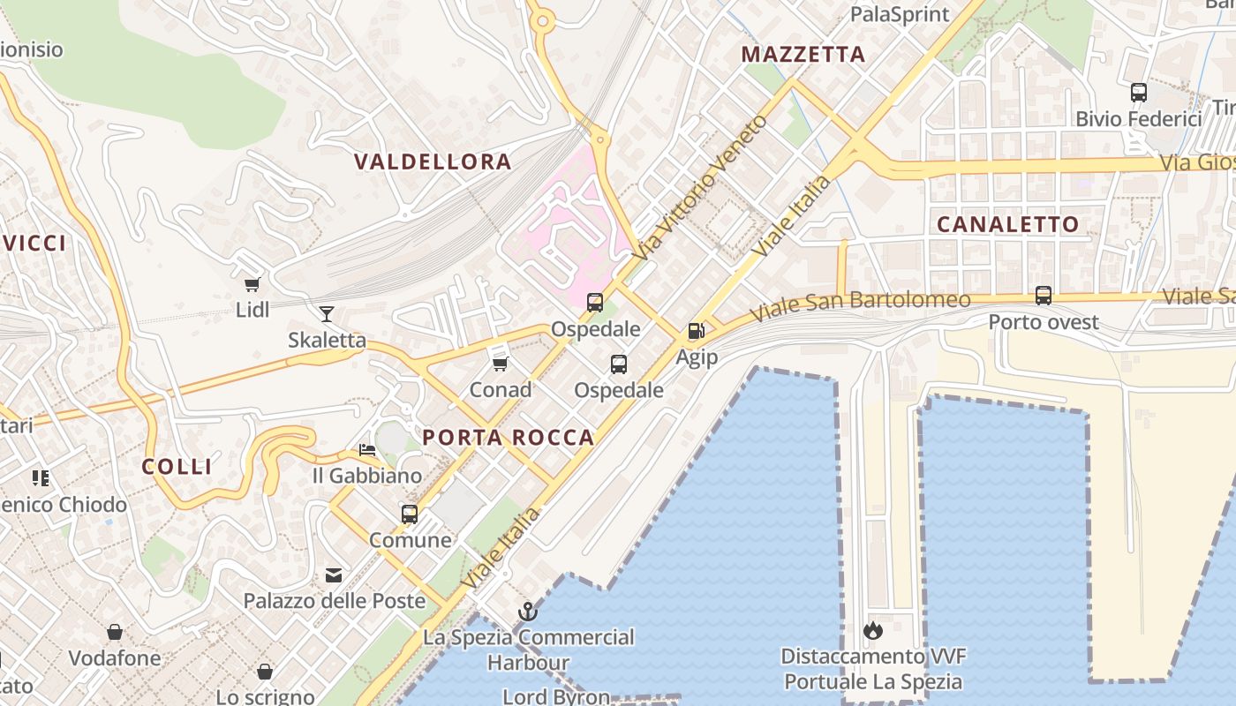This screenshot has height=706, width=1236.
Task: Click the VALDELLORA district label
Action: [433, 161]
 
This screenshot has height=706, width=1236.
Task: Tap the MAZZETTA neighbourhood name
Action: [803, 55]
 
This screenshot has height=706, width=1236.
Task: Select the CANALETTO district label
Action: [1007, 224]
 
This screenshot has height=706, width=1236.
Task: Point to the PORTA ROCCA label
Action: [508, 438]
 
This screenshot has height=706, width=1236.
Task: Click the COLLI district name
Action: [177, 467]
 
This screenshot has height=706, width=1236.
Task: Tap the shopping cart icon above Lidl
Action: [252, 284]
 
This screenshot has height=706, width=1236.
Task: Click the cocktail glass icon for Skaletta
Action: [327, 313]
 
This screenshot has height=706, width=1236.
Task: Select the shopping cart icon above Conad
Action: [501, 364]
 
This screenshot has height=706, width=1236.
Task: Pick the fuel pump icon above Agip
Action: [697, 331]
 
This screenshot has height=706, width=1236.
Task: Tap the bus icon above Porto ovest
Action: [1043, 296]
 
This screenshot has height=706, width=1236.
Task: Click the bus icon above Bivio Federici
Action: [1139, 92]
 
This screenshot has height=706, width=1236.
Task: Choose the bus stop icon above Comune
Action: [410, 514]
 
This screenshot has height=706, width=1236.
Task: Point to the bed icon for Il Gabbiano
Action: [367, 450]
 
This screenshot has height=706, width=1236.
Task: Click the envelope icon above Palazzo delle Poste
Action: [334, 575]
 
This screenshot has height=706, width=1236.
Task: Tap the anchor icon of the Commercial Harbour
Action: [527, 611]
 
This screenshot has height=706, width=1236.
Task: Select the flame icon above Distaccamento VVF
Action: [873, 630]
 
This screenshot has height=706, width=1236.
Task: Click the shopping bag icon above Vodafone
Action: [115, 632]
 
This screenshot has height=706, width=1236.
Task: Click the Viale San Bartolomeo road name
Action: [860, 305]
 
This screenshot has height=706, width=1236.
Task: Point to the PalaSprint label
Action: [900, 14]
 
